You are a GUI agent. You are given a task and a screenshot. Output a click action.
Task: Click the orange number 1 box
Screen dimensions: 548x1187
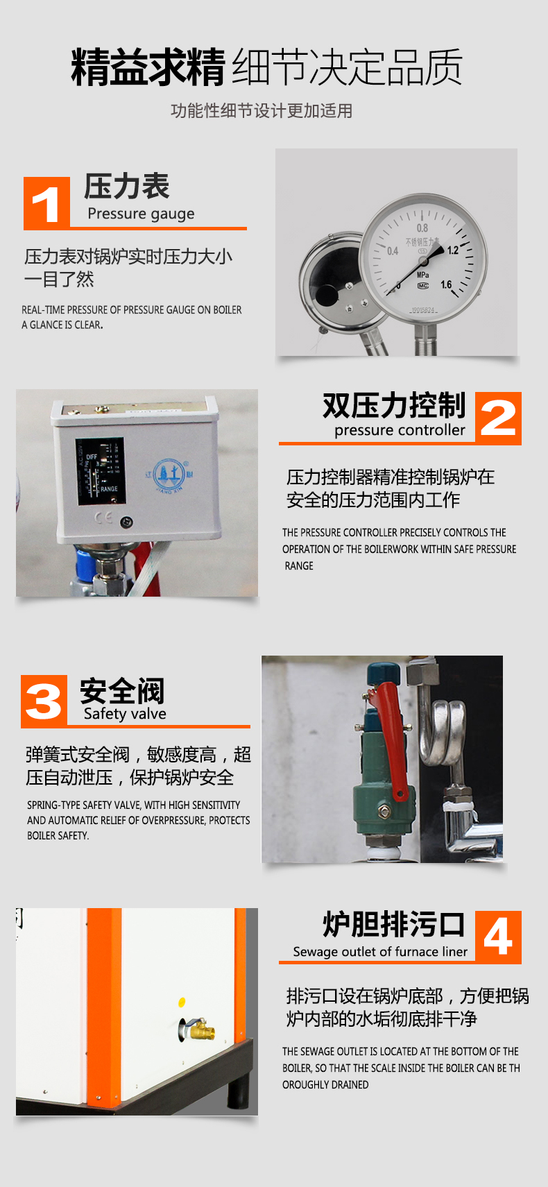(46, 203)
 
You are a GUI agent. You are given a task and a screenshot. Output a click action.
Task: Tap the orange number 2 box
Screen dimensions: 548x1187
(498, 418)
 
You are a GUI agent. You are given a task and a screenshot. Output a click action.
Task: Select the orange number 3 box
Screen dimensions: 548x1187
(44, 701)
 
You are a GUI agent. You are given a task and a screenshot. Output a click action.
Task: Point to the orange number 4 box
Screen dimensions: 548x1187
(498, 937)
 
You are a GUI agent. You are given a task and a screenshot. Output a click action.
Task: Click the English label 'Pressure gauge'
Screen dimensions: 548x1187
(141, 214)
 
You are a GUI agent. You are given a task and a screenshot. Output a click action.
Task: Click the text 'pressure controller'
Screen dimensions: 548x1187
(400, 429)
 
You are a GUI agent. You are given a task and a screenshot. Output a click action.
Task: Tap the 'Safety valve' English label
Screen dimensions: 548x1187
(125, 714)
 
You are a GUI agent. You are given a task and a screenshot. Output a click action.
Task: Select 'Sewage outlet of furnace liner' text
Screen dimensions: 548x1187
(381, 951)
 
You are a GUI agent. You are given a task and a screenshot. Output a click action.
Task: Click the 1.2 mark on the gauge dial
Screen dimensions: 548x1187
(453, 250)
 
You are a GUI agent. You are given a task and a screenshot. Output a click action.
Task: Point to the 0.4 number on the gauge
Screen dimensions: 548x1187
(393, 250)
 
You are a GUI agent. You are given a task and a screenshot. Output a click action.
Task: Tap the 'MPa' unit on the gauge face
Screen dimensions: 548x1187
(423, 275)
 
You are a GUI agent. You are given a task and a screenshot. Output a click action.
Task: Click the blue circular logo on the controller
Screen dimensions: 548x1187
(169, 475)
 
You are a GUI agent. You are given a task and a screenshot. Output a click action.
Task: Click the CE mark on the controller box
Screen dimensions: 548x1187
(104, 518)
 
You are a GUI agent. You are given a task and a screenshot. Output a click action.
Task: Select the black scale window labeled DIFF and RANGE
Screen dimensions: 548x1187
(100, 470)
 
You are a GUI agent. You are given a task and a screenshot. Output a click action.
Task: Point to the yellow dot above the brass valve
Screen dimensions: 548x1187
(182, 1002)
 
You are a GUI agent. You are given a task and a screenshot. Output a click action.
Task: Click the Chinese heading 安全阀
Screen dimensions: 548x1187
(122, 690)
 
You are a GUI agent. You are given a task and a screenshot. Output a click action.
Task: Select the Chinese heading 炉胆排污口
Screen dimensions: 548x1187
(394, 924)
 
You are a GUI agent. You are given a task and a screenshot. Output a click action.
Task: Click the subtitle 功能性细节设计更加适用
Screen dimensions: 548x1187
(262, 111)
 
